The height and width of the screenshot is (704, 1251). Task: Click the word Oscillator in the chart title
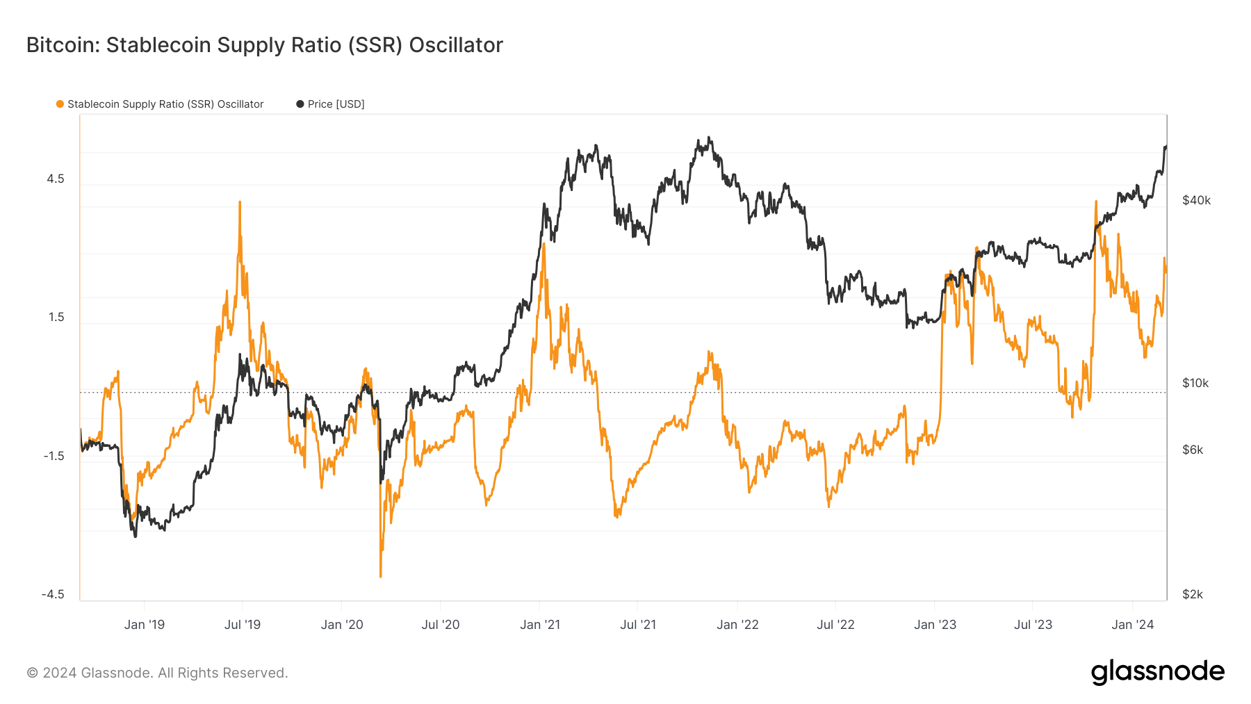456,45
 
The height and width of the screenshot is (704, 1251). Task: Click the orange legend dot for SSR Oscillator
60,104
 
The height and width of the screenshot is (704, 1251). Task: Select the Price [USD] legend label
336,104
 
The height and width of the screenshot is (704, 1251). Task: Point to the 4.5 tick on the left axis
56,179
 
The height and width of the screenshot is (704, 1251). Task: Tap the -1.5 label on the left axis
54,456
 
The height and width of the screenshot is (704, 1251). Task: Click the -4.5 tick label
53,594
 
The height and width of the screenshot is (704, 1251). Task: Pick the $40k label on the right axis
1196,200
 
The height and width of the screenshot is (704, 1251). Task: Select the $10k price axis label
1195,383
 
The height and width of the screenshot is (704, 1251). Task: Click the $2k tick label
1193,594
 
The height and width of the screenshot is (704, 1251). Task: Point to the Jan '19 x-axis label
145,625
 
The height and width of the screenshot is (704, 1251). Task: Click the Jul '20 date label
441,625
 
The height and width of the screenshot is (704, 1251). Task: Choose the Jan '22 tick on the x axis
737,625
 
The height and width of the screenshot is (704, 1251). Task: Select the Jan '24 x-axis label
1133,625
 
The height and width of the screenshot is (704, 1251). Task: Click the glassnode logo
1157,672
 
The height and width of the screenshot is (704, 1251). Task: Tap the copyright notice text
157,673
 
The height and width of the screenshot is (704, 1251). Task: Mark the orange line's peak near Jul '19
240,202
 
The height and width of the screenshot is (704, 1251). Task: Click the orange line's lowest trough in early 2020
381,576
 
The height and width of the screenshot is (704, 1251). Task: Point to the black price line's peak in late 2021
708,138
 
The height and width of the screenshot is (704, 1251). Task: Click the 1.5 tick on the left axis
56,318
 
